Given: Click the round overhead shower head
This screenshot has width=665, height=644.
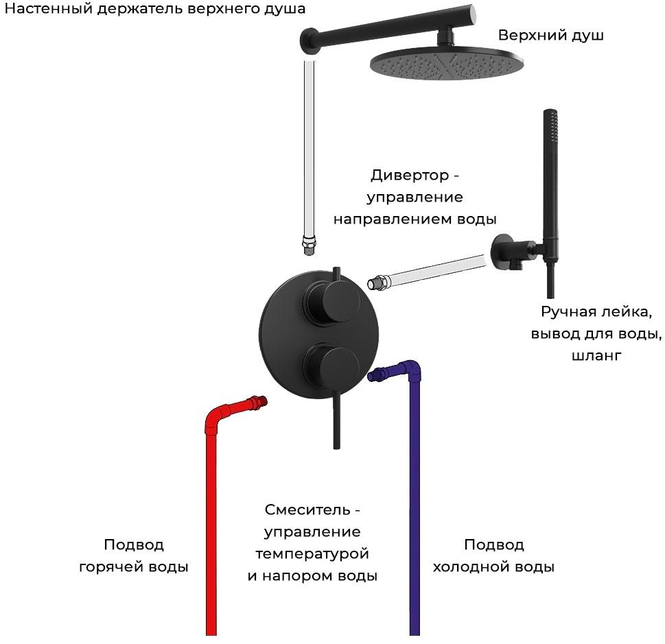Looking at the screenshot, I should tap(448, 63).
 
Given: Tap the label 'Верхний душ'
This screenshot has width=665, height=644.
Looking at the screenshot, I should tap(550, 35).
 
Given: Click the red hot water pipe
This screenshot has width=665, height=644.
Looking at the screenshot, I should tap(212, 521).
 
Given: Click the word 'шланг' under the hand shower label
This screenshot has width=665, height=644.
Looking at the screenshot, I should tap(595, 356).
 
